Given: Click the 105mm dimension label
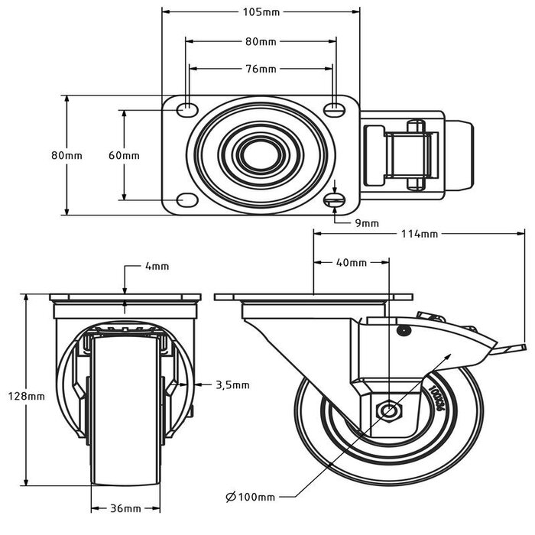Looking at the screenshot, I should (261, 12).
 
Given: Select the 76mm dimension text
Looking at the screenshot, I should (261, 70).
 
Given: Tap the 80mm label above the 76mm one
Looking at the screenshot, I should (261, 41).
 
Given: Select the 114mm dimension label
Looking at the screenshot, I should (419, 234).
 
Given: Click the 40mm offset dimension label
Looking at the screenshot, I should (352, 262).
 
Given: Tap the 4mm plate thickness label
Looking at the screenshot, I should (156, 267).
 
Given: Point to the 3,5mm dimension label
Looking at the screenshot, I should (232, 384).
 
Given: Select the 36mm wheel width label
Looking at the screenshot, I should (125, 508).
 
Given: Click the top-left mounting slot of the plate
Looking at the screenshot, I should (186, 110).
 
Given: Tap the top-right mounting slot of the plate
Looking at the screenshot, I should (333, 110).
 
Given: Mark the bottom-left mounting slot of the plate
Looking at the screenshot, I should (186, 200).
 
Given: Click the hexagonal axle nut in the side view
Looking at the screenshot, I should (390, 411).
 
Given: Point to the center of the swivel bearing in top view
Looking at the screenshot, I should (261, 154).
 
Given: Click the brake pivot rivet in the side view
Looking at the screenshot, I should (402, 330).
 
